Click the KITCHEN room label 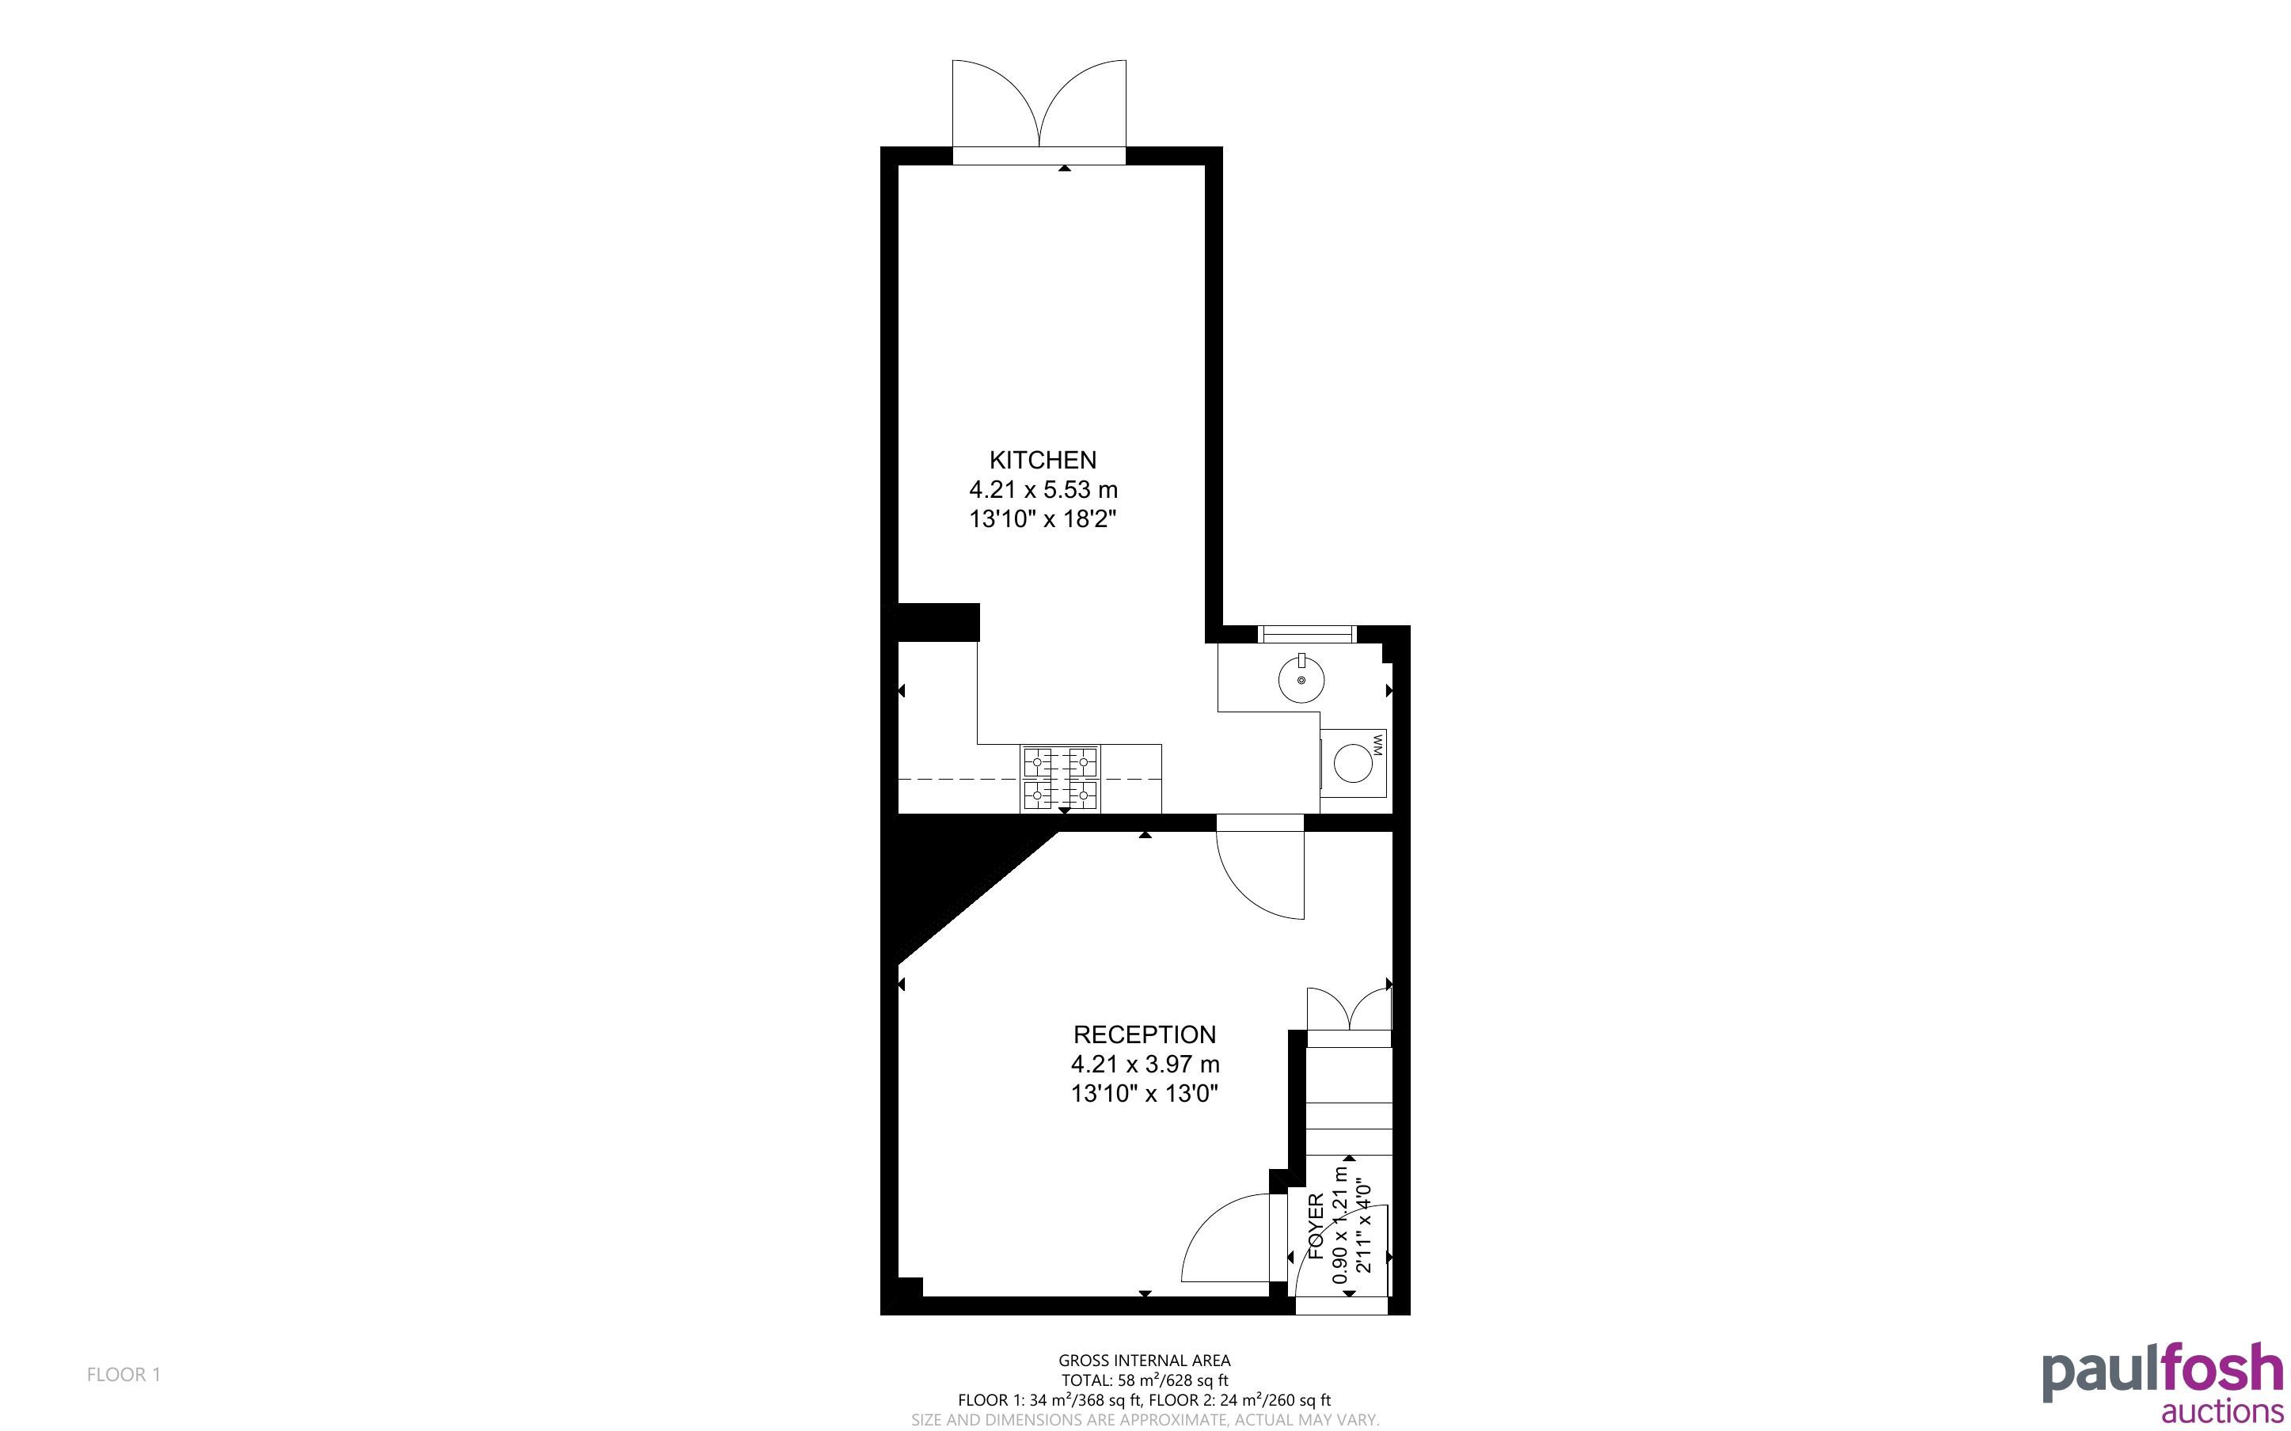point(1043,460)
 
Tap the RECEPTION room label point(1144,1034)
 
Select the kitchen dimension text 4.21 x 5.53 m point(1043,489)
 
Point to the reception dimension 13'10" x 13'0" point(1144,1093)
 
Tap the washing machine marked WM point(1354,763)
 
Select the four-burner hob point(1060,778)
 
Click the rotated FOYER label point(1316,1227)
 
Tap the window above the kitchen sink point(1307,634)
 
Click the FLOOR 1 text point(124,1374)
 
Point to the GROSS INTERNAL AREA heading point(1144,1361)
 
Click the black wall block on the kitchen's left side point(938,622)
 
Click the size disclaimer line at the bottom point(1144,1420)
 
